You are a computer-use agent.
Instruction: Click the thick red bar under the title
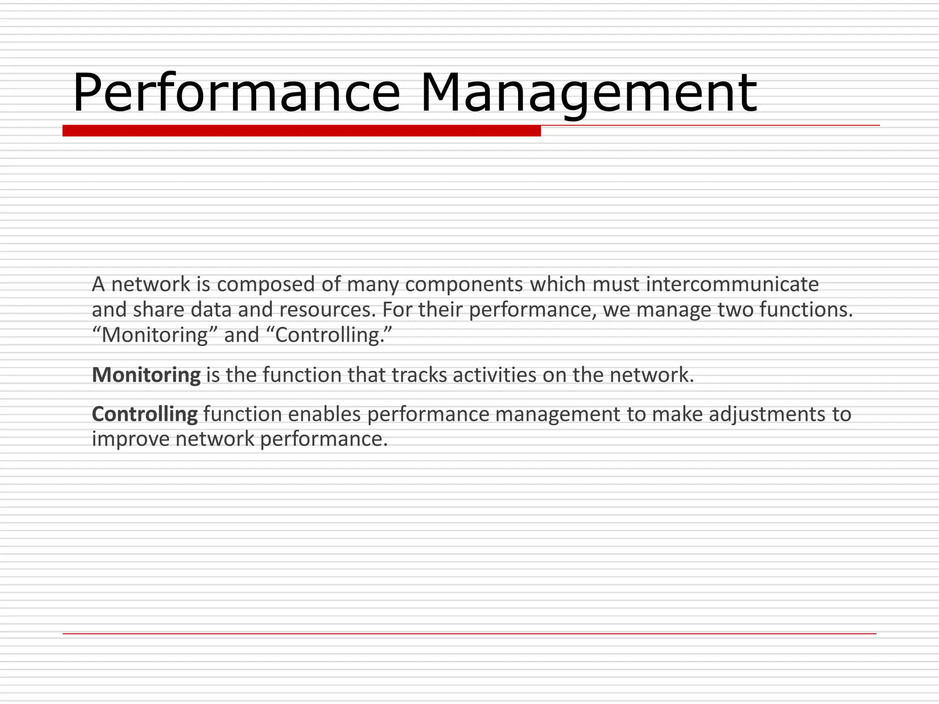pyautogui.click(x=301, y=131)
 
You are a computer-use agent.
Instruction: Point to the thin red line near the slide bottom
pyautogui.click(x=469, y=634)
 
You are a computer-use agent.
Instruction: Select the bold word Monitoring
pyautogui.click(x=146, y=375)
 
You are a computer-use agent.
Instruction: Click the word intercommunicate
pyautogui.click(x=732, y=285)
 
